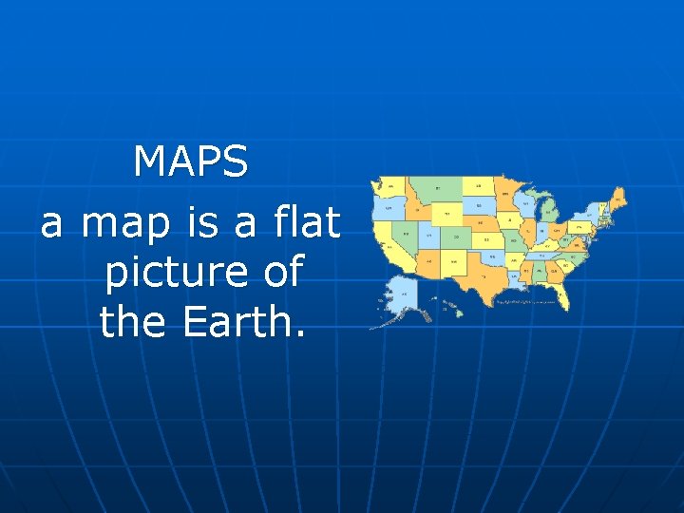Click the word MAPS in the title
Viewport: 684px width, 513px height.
click(191, 162)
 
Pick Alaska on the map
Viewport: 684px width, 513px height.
click(405, 294)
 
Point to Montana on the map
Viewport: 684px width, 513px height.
click(438, 189)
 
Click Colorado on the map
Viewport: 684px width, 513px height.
click(456, 237)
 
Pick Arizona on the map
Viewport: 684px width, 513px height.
click(427, 258)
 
